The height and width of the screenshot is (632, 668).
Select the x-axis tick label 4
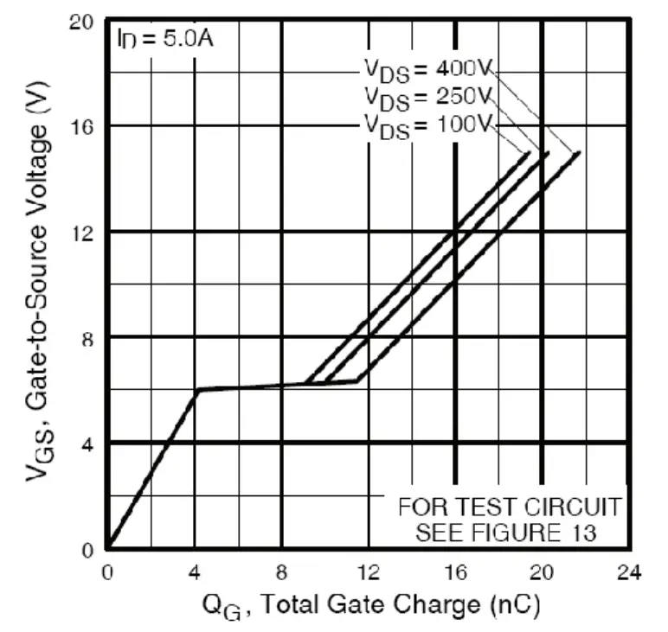pyautogui.click(x=195, y=572)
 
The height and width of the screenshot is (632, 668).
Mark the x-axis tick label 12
pyautogui.click(x=369, y=572)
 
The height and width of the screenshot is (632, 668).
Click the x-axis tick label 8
pyautogui.click(x=282, y=572)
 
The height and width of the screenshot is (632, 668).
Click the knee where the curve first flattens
pyautogui.click(x=196, y=390)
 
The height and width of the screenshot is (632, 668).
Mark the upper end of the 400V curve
pyautogui.click(x=578, y=152)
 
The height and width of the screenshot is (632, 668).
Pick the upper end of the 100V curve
pyautogui.click(x=529, y=152)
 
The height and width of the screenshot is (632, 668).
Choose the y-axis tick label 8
pyautogui.click(x=87, y=337)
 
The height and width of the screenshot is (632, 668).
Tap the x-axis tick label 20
pyautogui.click(x=543, y=572)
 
